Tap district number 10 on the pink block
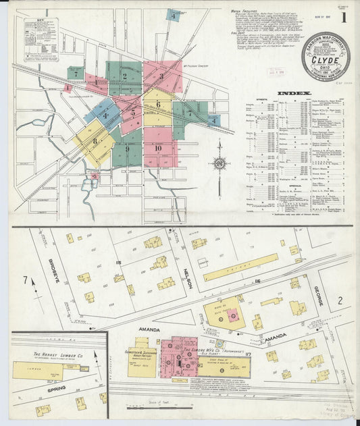click(x=158, y=148)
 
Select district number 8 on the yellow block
click(x=95, y=140)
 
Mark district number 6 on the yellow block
click(x=157, y=104)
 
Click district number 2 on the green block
click(x=124, y=76)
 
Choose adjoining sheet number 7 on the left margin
click(x=26, y=280)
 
